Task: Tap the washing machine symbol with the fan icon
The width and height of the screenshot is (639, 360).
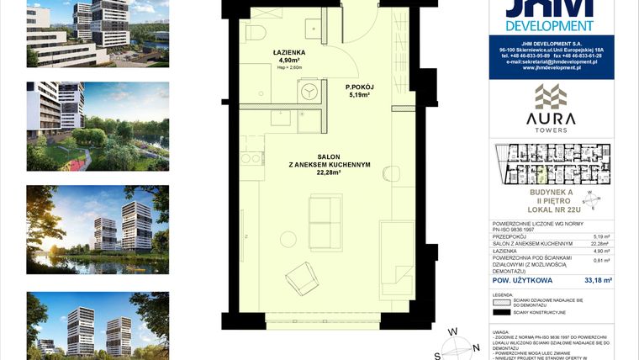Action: point(309,91)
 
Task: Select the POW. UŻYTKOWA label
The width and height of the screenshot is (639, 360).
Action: point(522,279)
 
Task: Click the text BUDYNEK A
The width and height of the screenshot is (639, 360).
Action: point(551,193)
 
